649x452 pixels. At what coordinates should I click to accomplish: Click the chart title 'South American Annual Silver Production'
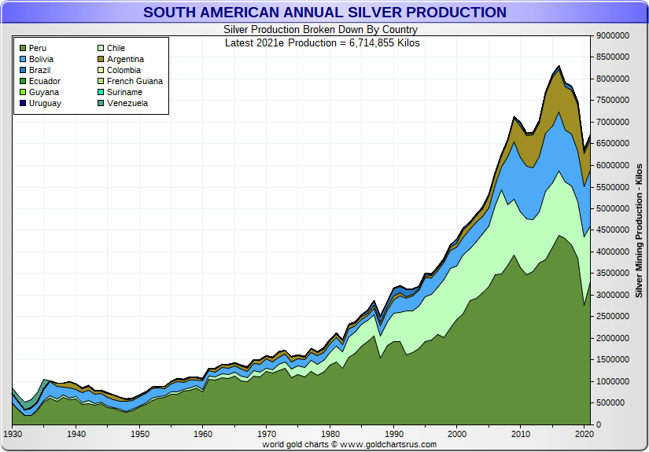(x=325, y=13)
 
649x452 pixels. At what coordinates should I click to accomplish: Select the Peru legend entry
(x=37, y=49)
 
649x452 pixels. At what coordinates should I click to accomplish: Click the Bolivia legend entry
(x=41, y=60)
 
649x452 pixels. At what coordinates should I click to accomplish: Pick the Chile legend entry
(x=116, y=49)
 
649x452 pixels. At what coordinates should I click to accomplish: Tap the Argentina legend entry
(x=125, y=60)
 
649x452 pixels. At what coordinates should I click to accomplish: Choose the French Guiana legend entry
(x=135, y=82)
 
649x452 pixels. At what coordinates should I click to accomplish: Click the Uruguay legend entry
(x=44, y=104)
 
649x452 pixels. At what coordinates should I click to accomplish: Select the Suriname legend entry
(x=124, y=93)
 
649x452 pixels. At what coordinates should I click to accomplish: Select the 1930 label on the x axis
(x=13, y=434)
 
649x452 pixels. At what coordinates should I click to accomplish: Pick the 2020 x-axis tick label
(x=584, y=434)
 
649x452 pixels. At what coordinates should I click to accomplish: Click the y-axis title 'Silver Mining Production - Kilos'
(x=639, y=230)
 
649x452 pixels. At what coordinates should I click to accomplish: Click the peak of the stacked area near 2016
(x=559, y=67)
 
